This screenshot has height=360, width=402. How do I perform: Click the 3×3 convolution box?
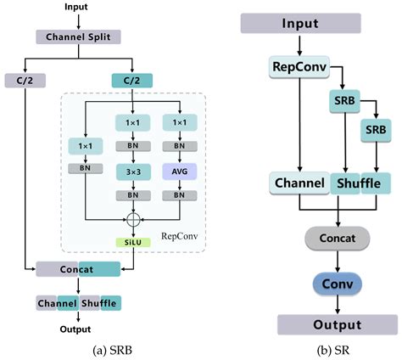click(131, 172)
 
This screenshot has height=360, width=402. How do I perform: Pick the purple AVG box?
click(181, 172)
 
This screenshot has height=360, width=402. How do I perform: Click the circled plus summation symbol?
click(131, 220)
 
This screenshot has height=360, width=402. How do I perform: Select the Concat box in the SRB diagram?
click(78, 269)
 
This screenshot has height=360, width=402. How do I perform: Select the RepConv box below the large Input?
click(293, 67)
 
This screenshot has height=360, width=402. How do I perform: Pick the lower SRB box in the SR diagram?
click(375, 131)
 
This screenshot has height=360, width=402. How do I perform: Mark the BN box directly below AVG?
click(181, 196)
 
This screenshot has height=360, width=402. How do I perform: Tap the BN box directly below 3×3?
click(131, 196)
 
